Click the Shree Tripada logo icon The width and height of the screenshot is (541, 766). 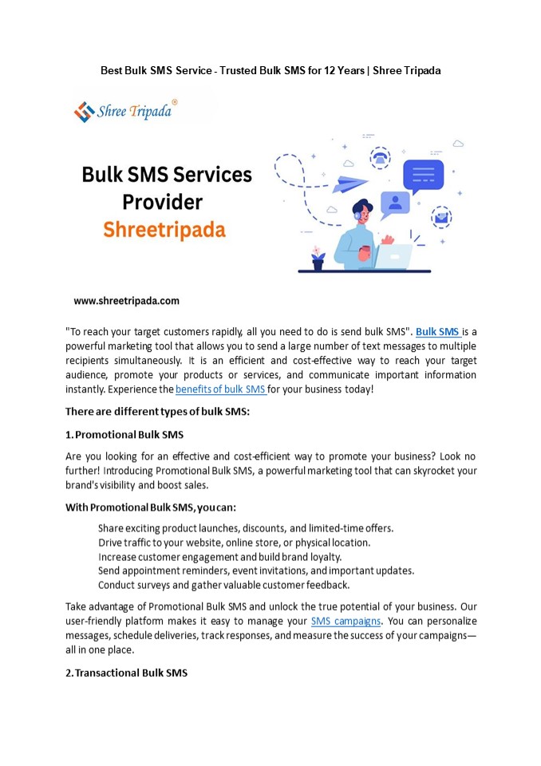point(84,111)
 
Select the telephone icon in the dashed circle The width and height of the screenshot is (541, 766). point(381,157)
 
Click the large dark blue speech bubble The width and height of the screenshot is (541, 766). point(423,176)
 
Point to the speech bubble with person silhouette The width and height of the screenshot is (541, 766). point(394,204)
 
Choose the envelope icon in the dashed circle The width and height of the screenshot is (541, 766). point(440,216)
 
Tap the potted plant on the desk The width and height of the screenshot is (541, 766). point(318,258)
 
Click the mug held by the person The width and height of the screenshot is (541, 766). point(364,253)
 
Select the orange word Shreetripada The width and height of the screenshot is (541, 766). point(164,231)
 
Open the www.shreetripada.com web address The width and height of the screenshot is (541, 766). point(126,301)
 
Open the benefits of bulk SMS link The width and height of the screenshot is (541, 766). point(220,389)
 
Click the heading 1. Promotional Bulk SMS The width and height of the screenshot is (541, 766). point(124,433)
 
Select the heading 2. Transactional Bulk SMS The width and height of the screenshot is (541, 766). point(126,673)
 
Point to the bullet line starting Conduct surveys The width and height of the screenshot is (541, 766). point(223,585)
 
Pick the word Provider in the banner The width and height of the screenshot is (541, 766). point(162,202)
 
